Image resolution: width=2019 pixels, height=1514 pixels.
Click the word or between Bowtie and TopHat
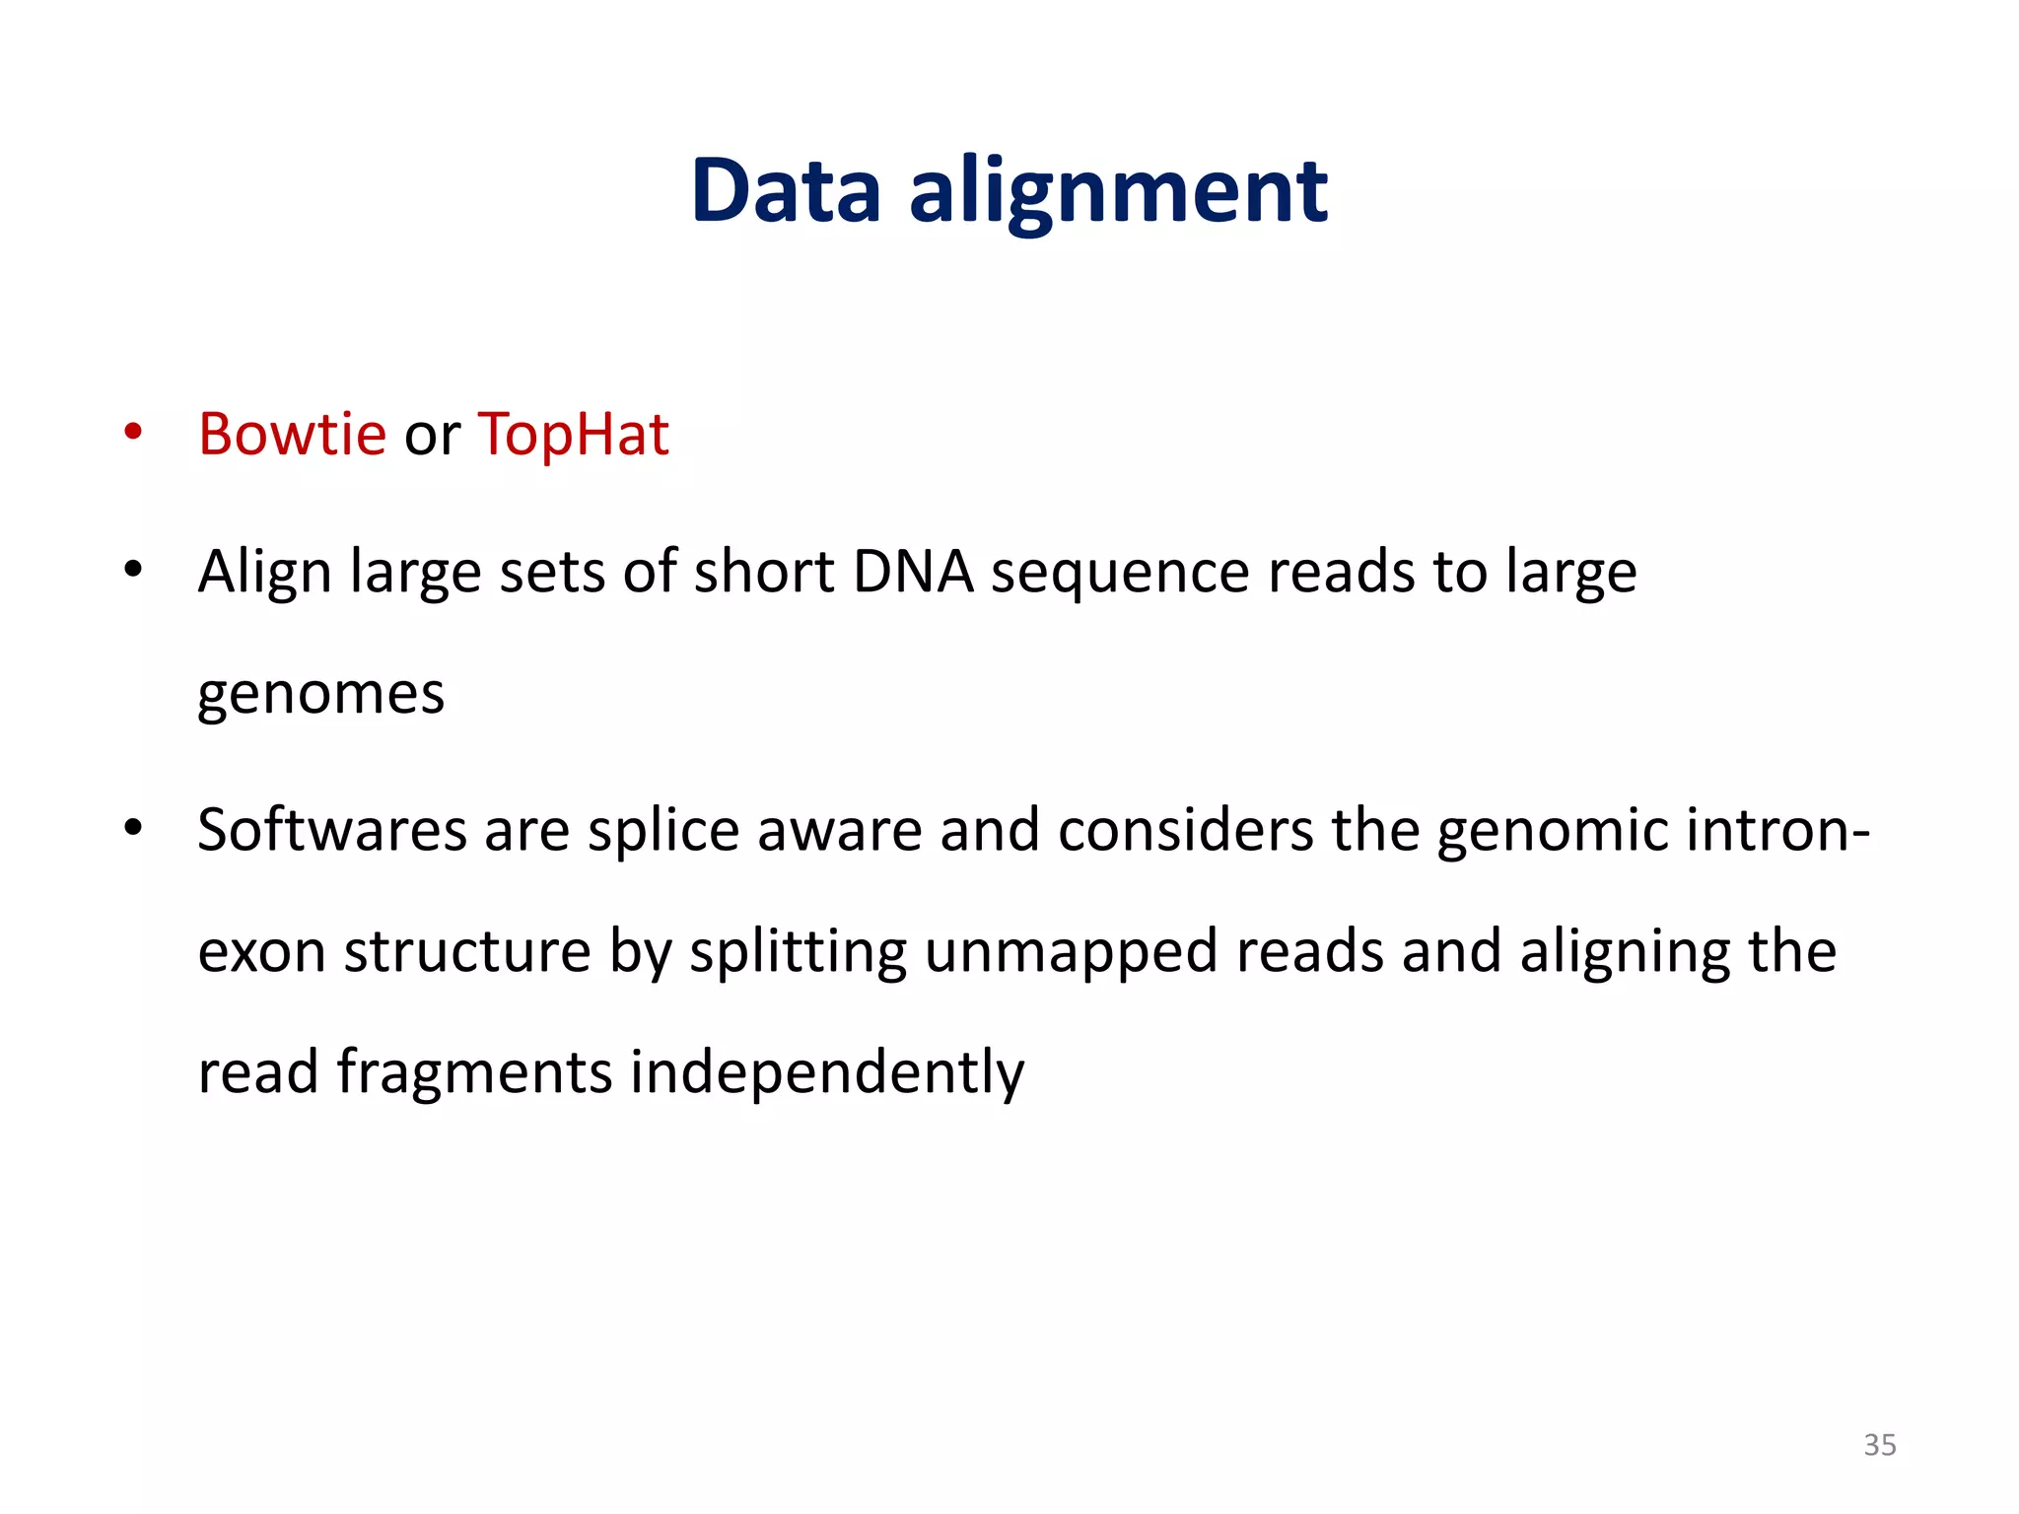point(432,437)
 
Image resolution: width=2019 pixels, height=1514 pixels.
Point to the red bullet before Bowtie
point(133,433)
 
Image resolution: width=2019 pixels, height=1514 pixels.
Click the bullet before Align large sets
point(133,570)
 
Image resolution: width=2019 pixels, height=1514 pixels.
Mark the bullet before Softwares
point(133,828)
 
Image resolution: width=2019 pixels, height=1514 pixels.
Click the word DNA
point(913,572)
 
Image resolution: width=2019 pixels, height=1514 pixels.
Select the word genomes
point(321,695)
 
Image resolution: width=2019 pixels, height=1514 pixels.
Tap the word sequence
point(1120,574)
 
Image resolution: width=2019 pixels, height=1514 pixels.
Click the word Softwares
point(331,829)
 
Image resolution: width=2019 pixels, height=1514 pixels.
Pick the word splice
point(662,831)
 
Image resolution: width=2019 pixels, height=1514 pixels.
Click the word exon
point(261,952)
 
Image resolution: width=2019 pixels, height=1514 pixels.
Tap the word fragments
point(474,1072)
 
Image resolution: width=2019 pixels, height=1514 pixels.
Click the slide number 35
point(1879,1445)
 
